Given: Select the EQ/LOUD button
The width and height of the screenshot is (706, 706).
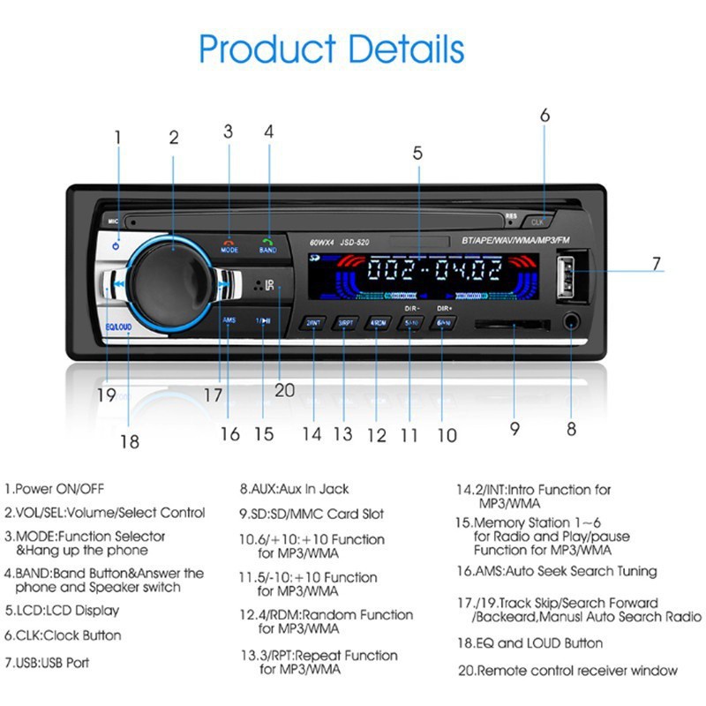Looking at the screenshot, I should coord(118,327).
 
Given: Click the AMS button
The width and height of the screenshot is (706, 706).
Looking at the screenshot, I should coord(229,320).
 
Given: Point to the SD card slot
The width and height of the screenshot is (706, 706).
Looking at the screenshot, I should coord(512,325).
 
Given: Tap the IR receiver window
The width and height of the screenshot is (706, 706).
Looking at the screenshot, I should coord(262,285).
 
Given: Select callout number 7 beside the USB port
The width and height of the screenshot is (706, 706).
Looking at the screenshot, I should coord(656,263).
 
